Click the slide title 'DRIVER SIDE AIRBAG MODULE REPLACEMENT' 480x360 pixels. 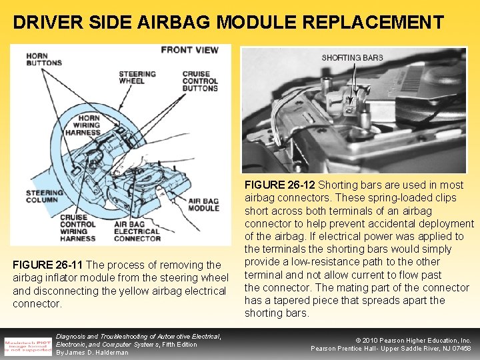[x=228, y=22]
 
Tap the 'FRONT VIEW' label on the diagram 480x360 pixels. [x=189, y=50]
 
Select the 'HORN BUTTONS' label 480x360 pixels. [x=45, y=59]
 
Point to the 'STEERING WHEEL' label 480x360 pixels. [x=137, y=77]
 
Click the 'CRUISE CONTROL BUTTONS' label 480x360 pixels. [x=199, y=81]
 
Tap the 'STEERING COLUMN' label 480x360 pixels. [x=45, y=197]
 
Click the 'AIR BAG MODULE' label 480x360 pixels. [x=204, y=204]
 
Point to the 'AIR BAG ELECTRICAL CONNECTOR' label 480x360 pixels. [x=137, y=231]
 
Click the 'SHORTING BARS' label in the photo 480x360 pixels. [x=352, y=58]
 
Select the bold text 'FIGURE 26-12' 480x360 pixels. [x=279, y=185]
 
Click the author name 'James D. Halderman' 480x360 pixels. [x=93, y=352]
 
